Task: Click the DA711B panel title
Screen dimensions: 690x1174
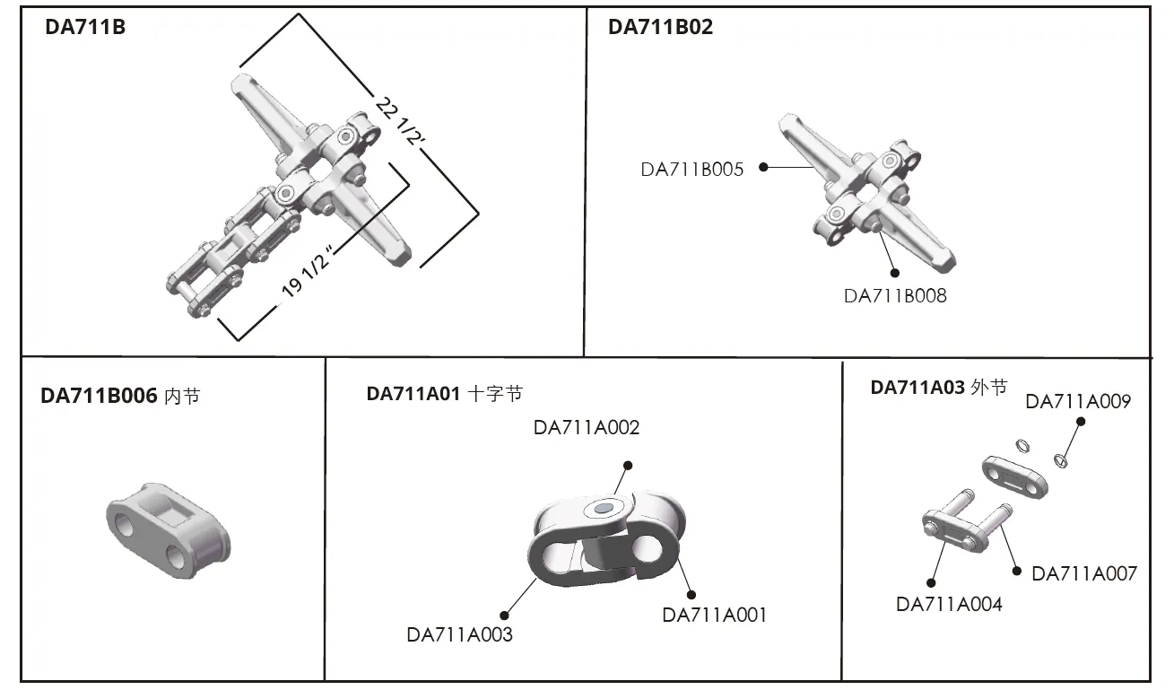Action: [x=85, y=28]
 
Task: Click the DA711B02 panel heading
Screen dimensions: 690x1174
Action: [x=660, y=28]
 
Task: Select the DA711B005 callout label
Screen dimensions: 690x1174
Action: [x=691, y=169]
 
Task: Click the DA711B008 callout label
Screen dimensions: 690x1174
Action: [x=894, y=295]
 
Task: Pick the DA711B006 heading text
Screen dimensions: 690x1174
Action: [x=99, y=396]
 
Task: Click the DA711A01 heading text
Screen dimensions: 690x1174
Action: [x=413, y=393]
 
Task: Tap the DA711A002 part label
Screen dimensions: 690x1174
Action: [x=587, y=427]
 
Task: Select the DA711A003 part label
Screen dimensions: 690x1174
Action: [x=459, y=634]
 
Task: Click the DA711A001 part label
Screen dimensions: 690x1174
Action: [x=714, y=615]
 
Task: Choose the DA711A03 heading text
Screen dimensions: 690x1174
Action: [x=917, y=388]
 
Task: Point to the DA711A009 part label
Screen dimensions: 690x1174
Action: [x=1077, y=401]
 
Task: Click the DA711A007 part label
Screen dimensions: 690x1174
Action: [x=1083, y=573]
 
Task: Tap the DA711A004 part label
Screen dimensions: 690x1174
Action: [x=949, y=604]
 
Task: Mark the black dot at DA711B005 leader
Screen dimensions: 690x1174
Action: [x=763, y=167]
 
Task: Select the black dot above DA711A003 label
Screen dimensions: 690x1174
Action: [x=505, y=616]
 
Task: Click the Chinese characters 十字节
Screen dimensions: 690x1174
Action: [x=495, y=393]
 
